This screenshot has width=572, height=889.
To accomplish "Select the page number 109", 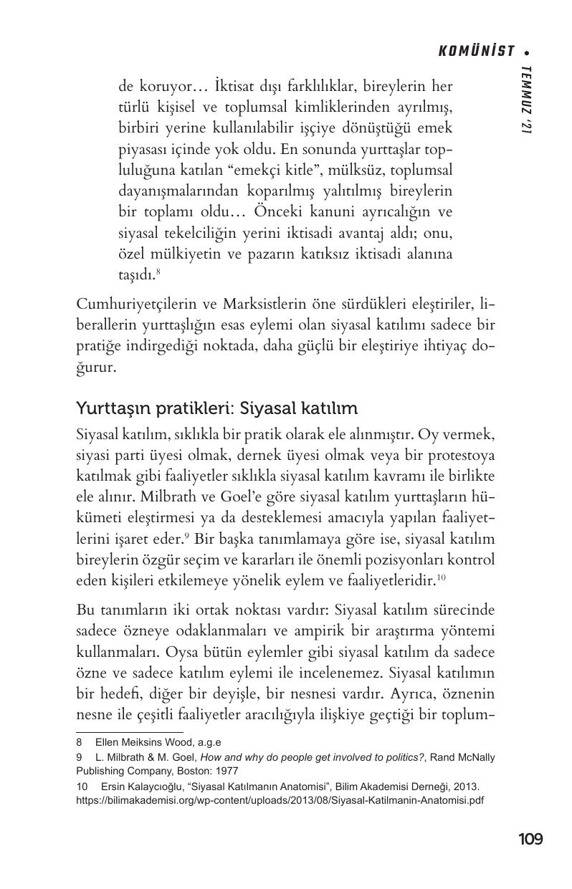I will [x=530, y=839].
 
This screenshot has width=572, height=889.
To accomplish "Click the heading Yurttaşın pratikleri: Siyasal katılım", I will [x=216, y=408].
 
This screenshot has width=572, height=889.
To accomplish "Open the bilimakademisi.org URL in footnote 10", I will [x=281, y=801].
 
